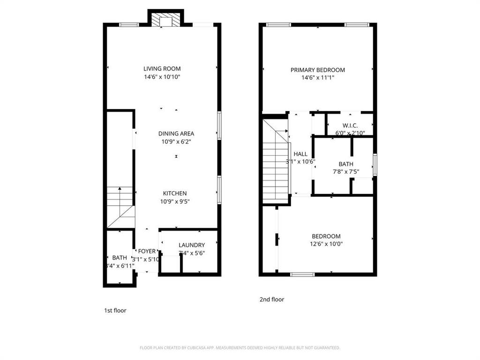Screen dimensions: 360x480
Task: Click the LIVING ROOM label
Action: point(162,68)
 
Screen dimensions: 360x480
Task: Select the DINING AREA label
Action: point(176,133)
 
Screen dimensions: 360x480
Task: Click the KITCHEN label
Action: point(175,193)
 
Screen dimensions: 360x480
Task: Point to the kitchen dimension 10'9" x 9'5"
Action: point(175,202)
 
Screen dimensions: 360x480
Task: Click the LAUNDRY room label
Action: point(192,245)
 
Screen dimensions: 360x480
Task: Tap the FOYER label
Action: point(146,251)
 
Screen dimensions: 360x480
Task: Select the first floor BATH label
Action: point(120,257)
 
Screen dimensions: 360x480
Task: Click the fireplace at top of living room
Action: point(165,20)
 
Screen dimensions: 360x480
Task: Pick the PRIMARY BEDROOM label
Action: point(317,70)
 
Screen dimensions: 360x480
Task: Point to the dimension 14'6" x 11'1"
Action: point(317,78)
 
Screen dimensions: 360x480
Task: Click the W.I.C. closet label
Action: point(350,125)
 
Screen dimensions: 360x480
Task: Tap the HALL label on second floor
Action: point(300,154)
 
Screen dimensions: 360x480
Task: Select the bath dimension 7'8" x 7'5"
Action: point(346,172)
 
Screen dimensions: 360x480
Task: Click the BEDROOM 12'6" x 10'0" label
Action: point(326,236)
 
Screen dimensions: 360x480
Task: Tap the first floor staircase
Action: point(120,206)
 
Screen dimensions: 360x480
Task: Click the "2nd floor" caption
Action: point(272,299)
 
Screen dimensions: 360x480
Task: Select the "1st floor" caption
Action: point(115,310)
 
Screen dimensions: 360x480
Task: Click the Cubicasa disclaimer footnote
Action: point(240,348)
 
